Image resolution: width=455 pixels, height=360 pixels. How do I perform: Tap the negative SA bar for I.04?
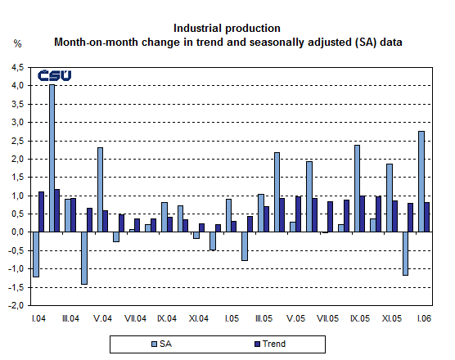[36, 254]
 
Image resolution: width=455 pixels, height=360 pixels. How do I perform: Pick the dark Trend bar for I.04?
[42, 212]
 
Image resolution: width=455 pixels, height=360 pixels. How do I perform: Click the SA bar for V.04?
[100, 190]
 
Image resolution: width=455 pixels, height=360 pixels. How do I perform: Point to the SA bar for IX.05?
[358, 188]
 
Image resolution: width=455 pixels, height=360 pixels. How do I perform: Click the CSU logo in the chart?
[55, 76]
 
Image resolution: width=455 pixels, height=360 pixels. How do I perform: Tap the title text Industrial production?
[227, 28]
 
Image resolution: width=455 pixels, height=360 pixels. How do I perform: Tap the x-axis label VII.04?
[137, 317]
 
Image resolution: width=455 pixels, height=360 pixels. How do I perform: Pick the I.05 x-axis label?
[232, 317]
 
